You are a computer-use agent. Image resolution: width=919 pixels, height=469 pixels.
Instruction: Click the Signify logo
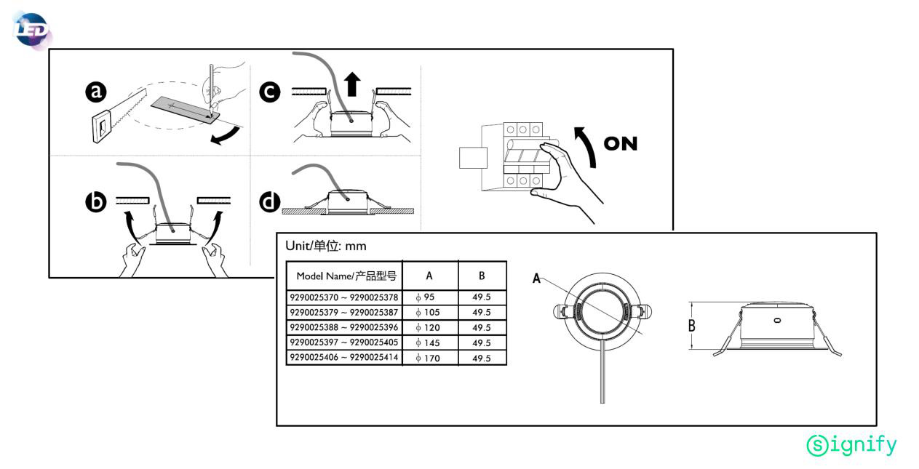[851, 444]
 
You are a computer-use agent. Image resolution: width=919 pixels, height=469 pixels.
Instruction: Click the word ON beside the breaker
[620, 144]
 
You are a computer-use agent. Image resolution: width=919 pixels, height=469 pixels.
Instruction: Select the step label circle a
[95, 92]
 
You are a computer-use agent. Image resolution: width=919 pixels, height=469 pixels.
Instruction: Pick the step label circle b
[95, 202]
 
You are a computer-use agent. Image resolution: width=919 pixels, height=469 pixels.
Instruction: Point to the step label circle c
[270, 92]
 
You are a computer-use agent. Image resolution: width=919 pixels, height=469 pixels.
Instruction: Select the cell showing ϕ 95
[429, 297]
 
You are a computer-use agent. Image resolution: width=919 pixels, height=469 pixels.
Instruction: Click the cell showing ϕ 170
[429, 358]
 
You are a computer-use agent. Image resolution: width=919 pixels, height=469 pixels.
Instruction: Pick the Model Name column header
[345, 276]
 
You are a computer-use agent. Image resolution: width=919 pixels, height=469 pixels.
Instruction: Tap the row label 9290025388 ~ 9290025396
[343, 327]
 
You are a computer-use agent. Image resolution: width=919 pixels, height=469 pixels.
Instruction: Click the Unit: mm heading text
[325, 246]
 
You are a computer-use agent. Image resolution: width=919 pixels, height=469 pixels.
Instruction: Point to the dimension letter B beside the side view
[691, 325]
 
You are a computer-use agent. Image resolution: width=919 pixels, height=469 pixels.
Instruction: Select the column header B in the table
[482, 276]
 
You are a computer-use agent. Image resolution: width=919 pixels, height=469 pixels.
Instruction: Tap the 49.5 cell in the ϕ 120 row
[482, 327]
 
